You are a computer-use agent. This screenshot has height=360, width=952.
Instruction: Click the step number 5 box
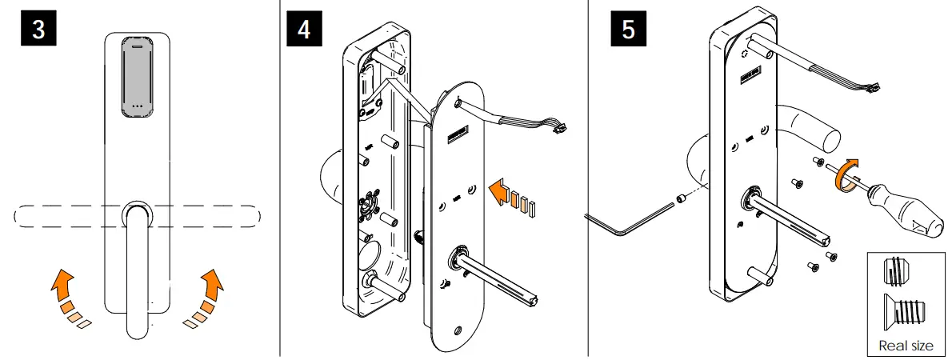tap(628, 30)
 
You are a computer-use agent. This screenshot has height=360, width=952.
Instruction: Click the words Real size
tap(906, 346)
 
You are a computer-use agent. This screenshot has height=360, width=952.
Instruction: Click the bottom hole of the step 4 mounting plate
tap(457, 330)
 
